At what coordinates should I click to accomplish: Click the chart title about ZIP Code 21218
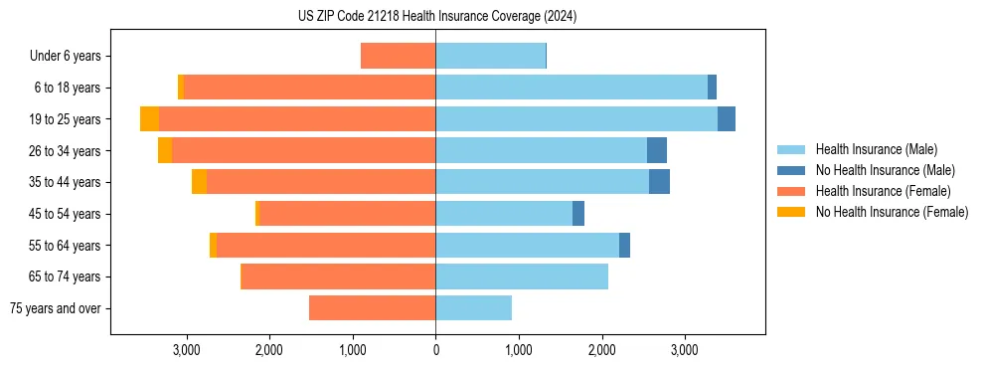436,17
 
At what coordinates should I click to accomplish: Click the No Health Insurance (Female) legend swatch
792,212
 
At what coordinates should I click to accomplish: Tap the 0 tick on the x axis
435,349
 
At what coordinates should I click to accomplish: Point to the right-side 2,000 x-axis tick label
601,349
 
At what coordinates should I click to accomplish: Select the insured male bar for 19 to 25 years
576,119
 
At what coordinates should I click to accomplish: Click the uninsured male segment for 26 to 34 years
657,150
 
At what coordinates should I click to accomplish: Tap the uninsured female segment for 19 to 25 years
149,119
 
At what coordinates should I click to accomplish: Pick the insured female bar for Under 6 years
398,56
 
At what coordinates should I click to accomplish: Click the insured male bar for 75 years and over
473,308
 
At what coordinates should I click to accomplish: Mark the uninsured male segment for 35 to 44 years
659,182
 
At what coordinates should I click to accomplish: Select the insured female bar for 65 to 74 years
339,276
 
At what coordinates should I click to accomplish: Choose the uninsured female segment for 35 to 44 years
199,182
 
